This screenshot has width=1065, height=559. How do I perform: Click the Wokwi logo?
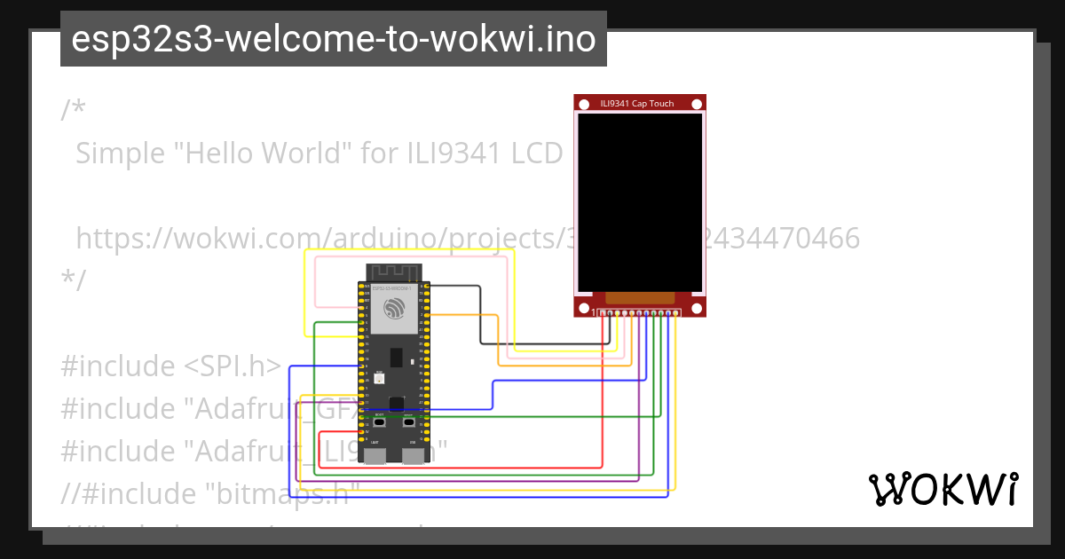(x=943, y=489)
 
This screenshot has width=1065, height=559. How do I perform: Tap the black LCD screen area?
(x=640, y=203)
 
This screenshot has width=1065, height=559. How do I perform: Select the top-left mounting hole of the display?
(x=584, y=105)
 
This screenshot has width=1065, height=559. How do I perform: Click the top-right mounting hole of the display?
(x=697, y=105)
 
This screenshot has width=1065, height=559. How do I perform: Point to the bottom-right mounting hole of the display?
(x=697, y=308)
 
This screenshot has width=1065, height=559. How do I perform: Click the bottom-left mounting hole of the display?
(x=584, y=308)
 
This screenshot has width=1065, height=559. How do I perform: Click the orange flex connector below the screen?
(x=640, y=298)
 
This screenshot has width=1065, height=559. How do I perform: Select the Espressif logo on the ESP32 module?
(x=394, y=309)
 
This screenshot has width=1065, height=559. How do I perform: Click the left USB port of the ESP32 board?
(x=375, y=456)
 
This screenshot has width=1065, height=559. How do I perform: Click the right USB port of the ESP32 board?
(x=414, y=456)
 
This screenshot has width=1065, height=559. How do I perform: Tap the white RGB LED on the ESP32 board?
(x=380, y=379)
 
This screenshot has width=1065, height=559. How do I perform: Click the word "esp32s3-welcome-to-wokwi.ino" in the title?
(x=333, y=39)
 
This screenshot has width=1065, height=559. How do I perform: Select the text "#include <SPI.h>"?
(x=171, y=366)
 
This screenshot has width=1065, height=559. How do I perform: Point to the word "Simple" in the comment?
(x=120, y=154)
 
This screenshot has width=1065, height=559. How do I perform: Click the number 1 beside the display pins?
(x=595, y=312)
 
